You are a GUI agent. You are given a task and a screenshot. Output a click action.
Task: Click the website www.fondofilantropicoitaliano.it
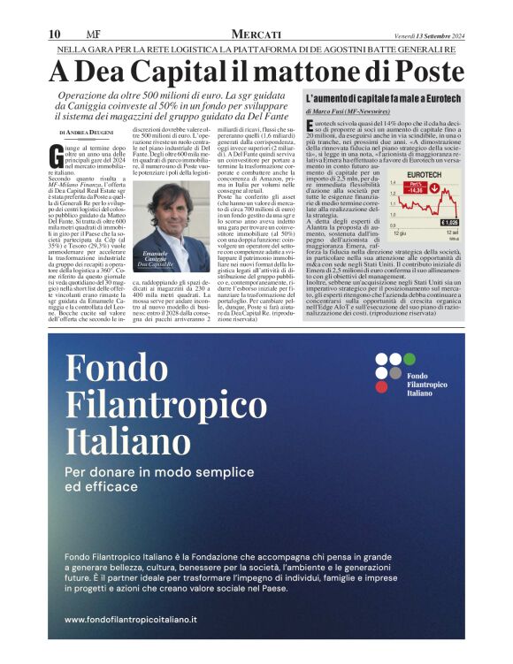tap(130, 621)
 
